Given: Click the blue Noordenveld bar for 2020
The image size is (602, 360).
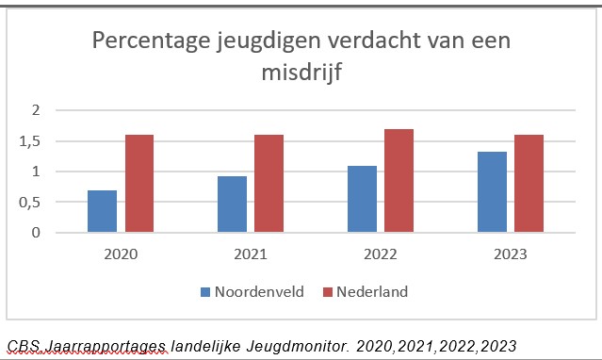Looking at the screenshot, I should pos(102,211).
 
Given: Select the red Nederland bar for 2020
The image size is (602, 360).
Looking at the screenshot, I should pos(138,184).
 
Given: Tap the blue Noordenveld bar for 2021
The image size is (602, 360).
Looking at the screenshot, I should pos(232,204).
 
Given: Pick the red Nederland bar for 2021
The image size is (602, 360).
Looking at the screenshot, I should pos(268,184).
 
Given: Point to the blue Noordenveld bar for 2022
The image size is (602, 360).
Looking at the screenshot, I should pos(362,199).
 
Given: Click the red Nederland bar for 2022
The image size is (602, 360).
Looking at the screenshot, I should pos(399,181).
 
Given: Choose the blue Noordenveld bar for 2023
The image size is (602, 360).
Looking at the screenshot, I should pos(492,191).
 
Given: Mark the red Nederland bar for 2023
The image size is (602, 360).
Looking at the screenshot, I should pos(529,184).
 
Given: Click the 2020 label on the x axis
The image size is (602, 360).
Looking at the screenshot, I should pos(121,254).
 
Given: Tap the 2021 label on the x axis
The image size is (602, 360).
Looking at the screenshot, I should pos(251,254).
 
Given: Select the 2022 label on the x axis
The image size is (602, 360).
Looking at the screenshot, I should pos(381,254).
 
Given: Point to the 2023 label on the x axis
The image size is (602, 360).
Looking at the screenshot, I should pos(511,254).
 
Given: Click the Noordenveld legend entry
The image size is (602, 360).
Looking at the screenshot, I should pos(252,292).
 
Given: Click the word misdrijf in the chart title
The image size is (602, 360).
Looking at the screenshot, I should pos(301,72).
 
